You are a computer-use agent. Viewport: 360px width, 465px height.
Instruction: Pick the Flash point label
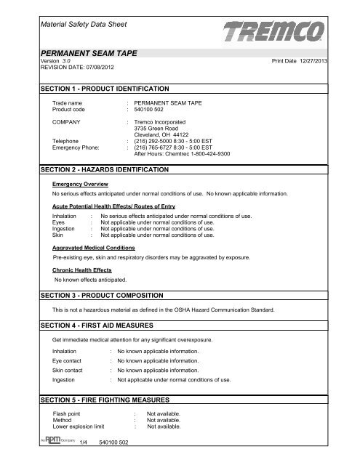point(69,414)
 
